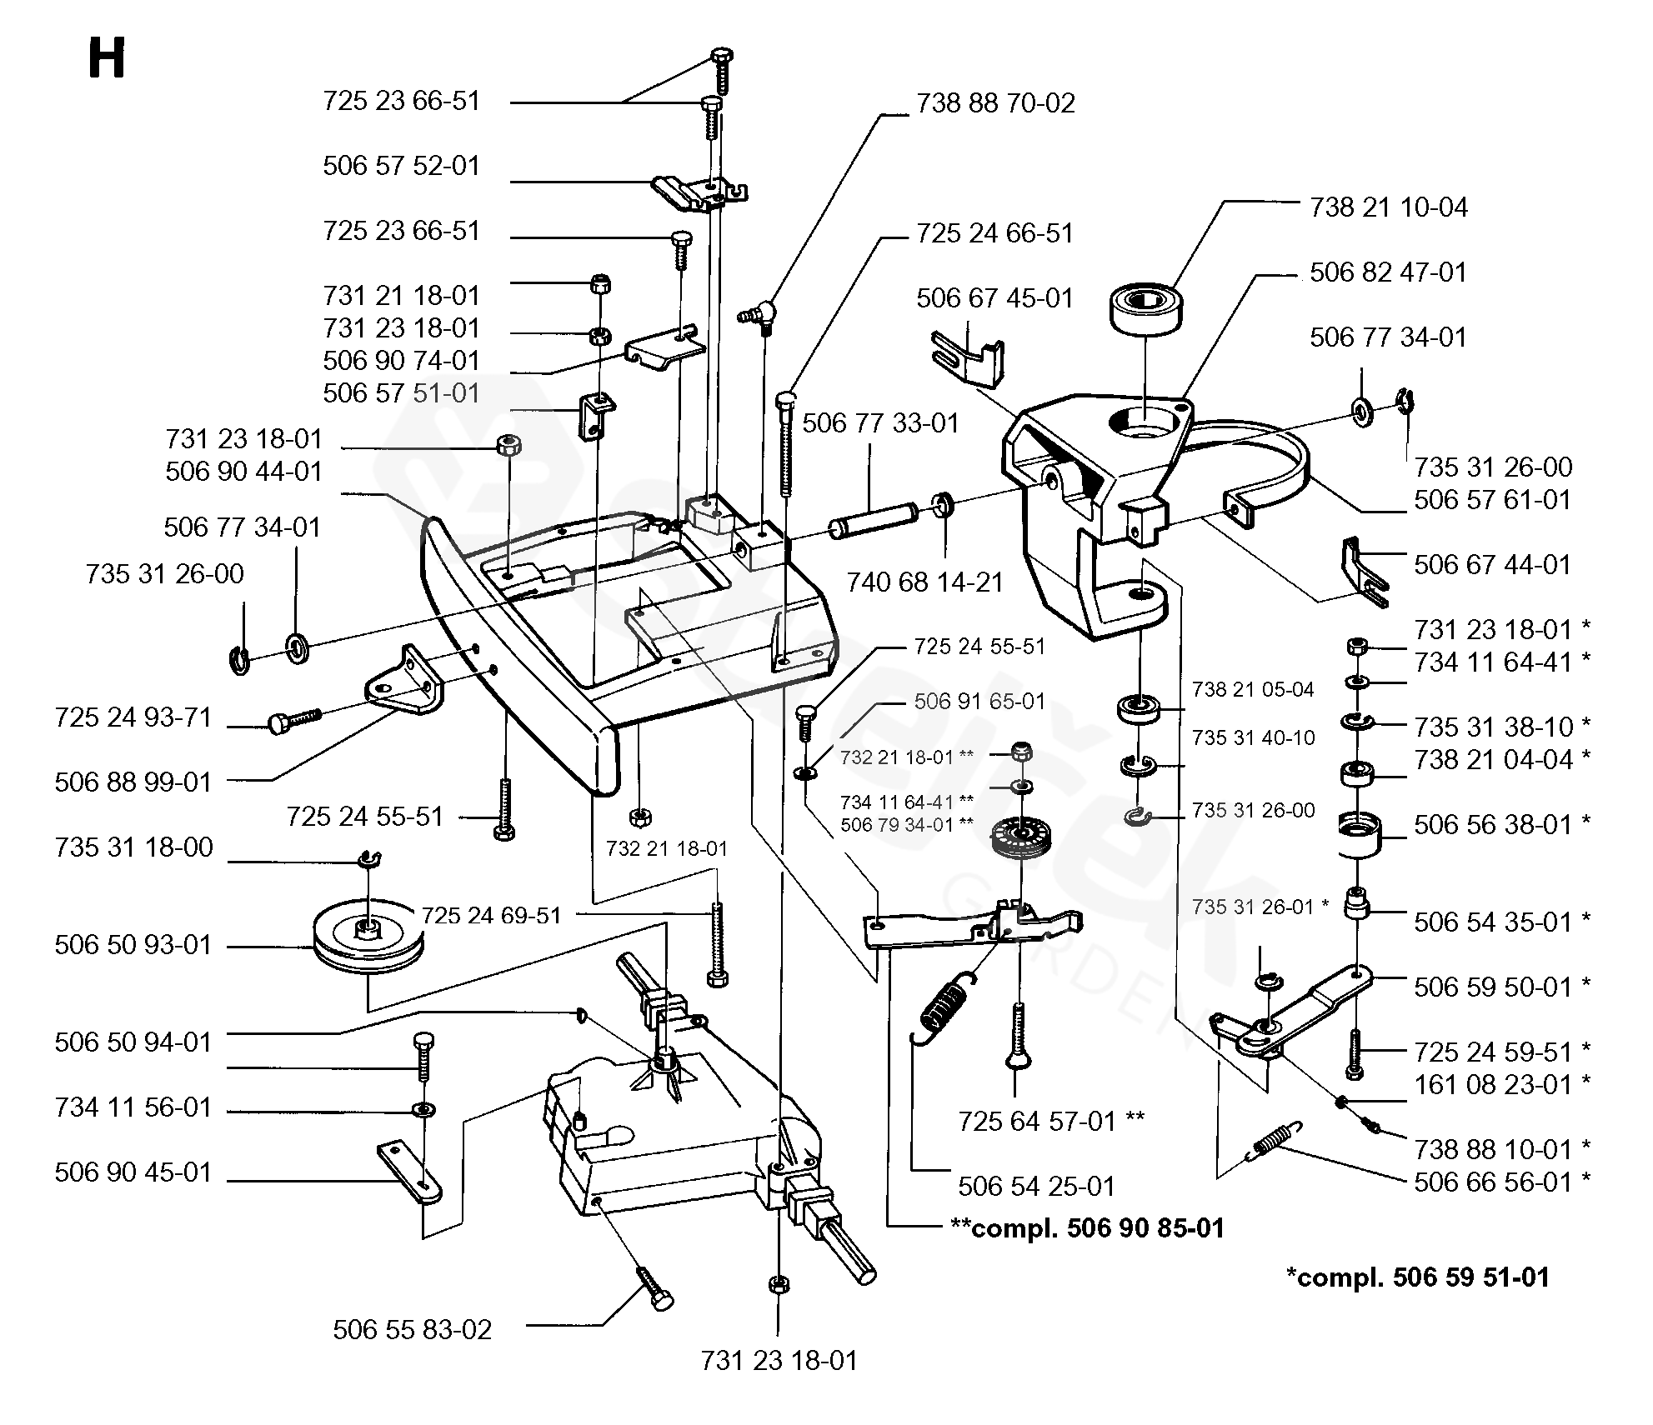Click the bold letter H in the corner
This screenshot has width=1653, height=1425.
tap(107, 60)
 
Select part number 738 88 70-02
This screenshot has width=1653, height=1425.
tap(995, 103)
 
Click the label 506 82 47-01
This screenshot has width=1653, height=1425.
tap(1388, 272)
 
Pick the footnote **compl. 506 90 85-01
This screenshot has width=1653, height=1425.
tap(1087, 1227)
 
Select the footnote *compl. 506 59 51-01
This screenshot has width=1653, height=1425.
tap(1417, 1277)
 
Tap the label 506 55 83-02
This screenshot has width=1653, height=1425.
tap(413, 1329)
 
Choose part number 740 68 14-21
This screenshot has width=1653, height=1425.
tap(924, 582)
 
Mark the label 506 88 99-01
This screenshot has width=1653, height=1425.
tap(133, 782)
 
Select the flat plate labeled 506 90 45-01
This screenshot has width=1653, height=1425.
tap(409, 1172)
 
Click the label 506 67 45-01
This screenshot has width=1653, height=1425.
tap(994, 298)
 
